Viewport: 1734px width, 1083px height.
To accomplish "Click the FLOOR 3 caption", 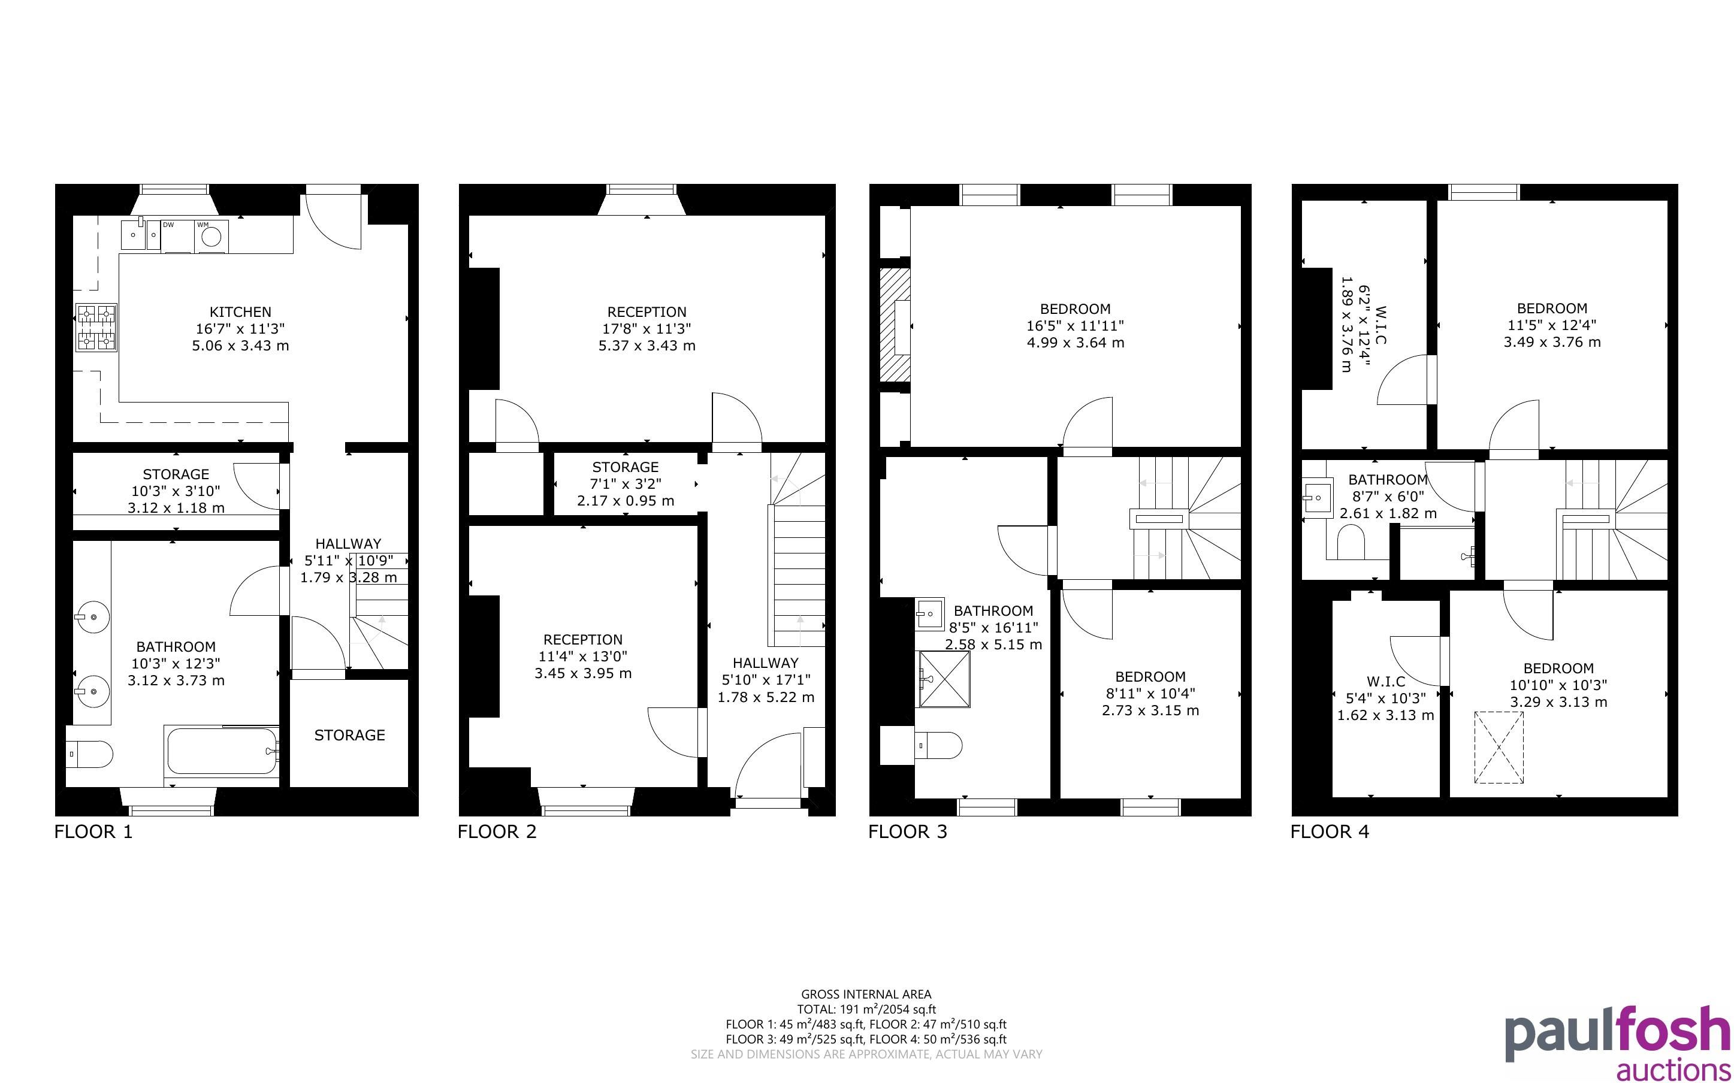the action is pos(908,831).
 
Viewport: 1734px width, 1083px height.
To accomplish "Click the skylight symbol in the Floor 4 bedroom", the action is pos(1499,747).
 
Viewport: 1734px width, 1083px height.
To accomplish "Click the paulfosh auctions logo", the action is pos(1617,1042).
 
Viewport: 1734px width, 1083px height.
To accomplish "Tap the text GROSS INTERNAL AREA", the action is pos(866,994).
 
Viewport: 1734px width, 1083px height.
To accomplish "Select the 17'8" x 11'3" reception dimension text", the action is pos(647,329).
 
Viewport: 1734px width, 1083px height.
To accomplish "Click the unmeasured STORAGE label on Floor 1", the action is pos(349,735).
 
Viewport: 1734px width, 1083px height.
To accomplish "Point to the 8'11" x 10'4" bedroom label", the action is pos(1150,694).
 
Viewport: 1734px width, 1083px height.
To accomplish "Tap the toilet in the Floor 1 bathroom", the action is pos(89,754).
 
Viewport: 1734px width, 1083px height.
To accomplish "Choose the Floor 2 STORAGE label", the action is pos(626,467).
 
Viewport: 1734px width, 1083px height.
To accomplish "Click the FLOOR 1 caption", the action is pos(94,831).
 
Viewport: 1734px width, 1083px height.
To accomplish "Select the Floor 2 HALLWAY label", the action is pos(766,663).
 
